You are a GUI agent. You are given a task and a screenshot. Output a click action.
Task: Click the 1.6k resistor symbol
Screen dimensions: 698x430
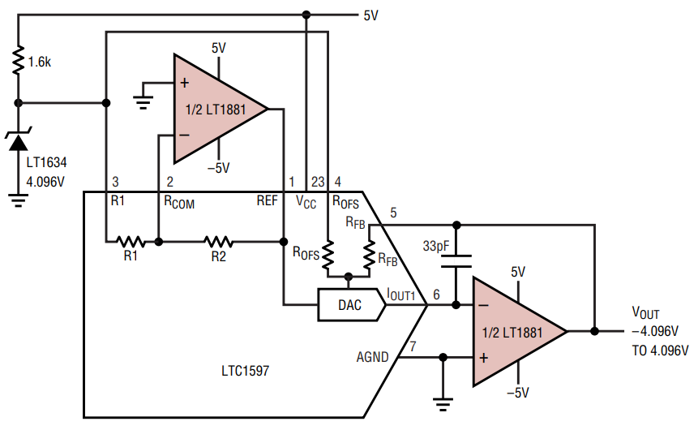18,60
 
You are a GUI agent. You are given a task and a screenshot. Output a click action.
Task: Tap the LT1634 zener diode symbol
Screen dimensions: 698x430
18,140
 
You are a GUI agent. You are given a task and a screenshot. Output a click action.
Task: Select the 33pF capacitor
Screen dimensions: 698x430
456,261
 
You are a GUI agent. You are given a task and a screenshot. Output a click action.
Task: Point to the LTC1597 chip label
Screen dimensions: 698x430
246,371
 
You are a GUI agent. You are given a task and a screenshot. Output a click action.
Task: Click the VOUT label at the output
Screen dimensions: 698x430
645,312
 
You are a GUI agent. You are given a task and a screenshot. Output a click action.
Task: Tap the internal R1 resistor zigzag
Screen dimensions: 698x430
131,242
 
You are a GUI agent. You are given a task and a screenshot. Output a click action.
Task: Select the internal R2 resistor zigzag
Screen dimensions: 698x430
218,242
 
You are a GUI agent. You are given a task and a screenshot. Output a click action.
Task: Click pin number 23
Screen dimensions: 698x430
318,182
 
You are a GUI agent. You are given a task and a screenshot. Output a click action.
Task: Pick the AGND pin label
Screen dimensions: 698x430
373,357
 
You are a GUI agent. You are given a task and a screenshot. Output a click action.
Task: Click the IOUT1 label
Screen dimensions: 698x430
401,294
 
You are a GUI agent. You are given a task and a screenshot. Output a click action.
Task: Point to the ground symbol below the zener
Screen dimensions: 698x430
18,200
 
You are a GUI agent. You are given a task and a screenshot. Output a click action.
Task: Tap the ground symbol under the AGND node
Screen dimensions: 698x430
443,404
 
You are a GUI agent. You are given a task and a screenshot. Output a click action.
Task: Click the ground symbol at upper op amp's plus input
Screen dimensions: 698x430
143,103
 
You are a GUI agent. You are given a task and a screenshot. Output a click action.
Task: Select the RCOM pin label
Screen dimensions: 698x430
179,202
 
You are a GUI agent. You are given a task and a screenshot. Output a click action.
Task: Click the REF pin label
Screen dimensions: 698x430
267,200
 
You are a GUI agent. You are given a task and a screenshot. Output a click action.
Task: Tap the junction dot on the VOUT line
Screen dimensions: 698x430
594,331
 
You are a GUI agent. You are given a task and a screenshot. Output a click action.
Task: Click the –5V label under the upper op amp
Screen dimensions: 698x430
219,168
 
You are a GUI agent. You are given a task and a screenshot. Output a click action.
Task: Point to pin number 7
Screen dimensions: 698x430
413,346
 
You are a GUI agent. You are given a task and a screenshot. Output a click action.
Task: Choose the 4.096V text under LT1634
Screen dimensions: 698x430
45,182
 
